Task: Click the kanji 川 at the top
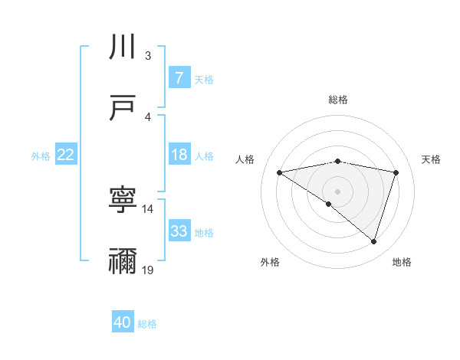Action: pos(123,47)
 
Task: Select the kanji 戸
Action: pos(123,108)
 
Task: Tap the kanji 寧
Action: pos(123,200)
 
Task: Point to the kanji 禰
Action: pos(123,261)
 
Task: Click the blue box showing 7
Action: pos(179,77)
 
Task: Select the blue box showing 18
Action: pos(179,155)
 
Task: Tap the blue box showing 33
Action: pos(179,231)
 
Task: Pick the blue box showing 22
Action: pos(66,155)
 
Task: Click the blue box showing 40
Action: pos(123,322)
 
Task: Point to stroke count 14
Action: pos(148,208)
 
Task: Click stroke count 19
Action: pos(148,270)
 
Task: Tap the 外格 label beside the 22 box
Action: pos(41,155)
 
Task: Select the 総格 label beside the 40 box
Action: pos(147,324)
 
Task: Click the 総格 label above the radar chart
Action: pos(337,100)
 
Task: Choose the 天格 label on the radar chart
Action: pos(432,159)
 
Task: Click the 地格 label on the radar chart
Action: pos(402,262)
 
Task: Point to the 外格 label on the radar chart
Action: pos(270,262)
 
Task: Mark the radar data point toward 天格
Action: pos(396,172)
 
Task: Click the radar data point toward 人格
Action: pos(279,172)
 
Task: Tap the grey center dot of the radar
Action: pos(337,191)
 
